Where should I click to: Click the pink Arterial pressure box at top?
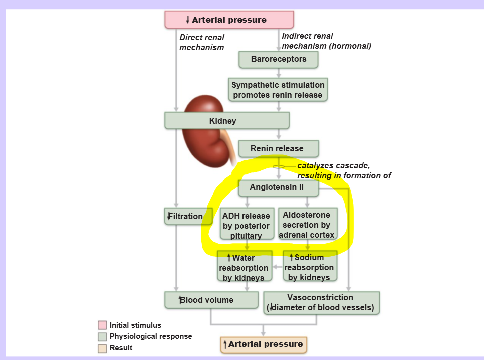coord(229,20)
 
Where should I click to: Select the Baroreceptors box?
coord(278,59)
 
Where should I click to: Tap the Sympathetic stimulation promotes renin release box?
coord(278,89)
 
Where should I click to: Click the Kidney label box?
coord(227,120)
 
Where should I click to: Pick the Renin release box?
coord(278,149)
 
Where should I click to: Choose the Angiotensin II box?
coord(278,188)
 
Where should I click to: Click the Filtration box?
coord(188,216)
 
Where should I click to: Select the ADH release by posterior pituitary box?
coord(247,224)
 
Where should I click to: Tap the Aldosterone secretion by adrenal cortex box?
coord(308,223)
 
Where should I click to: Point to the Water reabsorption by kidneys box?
coord(244,266)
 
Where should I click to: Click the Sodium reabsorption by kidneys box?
coord(310,266)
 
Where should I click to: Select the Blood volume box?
coord(212,300)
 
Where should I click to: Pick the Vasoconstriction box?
coord(322,303)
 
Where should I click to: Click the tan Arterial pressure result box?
coord(263,345)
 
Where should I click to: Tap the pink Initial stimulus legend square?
coord(102,325)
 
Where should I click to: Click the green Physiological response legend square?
coord(102,336)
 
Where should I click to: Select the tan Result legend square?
coord(102,348)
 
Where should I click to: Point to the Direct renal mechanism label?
coord(202,42)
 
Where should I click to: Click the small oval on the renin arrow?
coord(279,166)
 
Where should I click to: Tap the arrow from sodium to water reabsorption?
coord(278,267)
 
